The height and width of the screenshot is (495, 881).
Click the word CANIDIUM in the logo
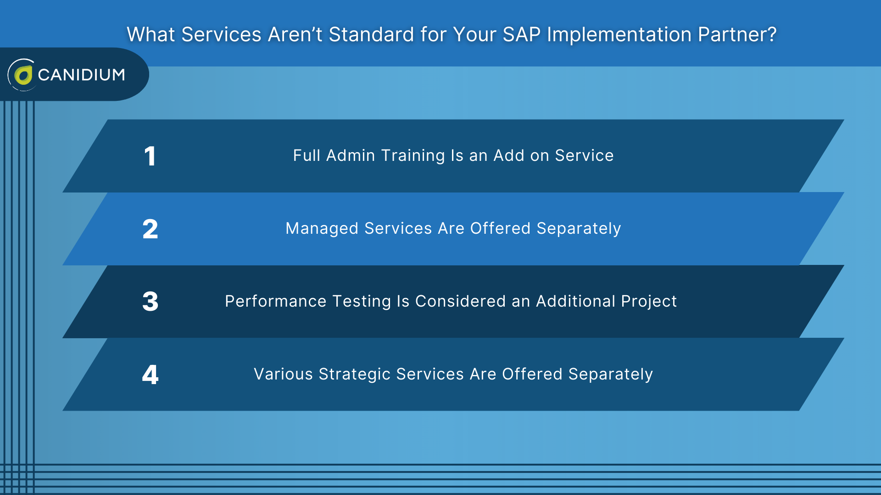(x=81, y=75)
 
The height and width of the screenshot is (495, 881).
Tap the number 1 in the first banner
(x=150, y=156)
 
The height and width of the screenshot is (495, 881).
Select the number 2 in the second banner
(x=150, y=229)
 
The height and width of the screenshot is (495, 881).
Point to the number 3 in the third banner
(x=150, y=302)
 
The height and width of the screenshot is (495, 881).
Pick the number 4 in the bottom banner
(x=150, y=374)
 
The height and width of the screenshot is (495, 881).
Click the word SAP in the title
(x=521, y=35)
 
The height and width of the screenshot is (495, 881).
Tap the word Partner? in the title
(x=737, y=35)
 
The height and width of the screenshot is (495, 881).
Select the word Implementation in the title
(x=619, y=35)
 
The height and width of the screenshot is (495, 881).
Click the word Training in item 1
(x=413, y=156)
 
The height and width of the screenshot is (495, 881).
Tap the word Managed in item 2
(x=322, y=228)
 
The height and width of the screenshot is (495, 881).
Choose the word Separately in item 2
(x=579, y=228)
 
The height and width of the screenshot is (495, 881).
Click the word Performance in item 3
(x=275, y=301)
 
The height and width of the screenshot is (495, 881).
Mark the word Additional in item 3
(x=575, y=301)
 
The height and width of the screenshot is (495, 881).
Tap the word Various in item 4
(x=283, y=374)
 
